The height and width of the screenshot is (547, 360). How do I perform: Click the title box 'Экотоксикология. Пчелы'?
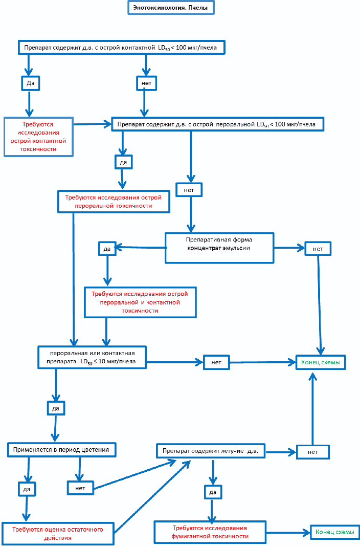171,7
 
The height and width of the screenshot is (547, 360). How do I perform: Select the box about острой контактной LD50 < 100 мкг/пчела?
121,48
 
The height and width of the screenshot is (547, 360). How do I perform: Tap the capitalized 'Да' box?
30,83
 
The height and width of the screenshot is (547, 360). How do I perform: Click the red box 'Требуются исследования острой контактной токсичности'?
38,137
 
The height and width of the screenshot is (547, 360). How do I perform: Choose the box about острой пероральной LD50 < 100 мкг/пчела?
217,124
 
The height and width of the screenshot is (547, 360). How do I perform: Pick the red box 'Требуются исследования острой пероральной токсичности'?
114,202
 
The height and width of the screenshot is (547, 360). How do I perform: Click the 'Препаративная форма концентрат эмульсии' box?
219,248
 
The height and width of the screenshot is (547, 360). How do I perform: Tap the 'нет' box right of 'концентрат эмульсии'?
318,249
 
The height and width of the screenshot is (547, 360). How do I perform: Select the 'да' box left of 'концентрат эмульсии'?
107,249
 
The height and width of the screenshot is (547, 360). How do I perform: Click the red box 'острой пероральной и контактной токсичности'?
140,302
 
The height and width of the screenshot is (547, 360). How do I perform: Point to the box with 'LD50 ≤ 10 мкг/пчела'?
92,358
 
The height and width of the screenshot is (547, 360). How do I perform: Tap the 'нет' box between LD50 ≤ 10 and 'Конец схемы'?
216,362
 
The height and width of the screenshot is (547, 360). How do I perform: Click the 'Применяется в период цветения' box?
61,450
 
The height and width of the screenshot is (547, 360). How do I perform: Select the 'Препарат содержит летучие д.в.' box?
211,451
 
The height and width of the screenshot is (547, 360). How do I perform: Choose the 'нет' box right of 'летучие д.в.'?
312,452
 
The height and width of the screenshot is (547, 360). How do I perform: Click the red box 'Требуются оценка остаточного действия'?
58,533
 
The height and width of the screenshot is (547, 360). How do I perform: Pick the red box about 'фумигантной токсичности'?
210,532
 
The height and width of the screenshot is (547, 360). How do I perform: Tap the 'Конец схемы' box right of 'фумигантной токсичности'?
335,532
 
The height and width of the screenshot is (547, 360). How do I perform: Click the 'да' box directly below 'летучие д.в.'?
213,492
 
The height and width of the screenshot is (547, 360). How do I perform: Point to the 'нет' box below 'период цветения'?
80,488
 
